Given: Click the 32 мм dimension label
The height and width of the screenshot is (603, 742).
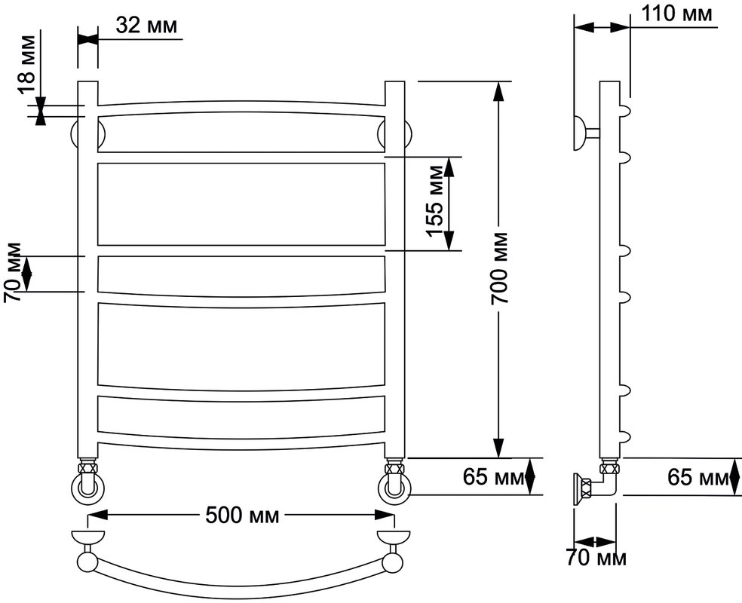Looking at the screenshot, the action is pos(146,25).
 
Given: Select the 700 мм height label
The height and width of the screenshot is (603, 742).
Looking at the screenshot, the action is pos(499,268).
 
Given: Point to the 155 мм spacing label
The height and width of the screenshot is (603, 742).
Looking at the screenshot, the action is pos(434,200).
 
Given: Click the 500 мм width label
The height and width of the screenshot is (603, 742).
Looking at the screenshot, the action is pos(242,515).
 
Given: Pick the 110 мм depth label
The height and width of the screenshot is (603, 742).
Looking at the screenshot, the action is pos(676,14).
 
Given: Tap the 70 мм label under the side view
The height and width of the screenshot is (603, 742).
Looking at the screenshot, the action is pos(596,559).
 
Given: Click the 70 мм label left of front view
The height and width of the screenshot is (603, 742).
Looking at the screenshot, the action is pos(13,272).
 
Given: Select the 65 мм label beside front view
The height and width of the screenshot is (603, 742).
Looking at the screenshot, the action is pos(493,476).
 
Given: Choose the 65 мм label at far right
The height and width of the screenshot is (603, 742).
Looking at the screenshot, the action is pos(698,476).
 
